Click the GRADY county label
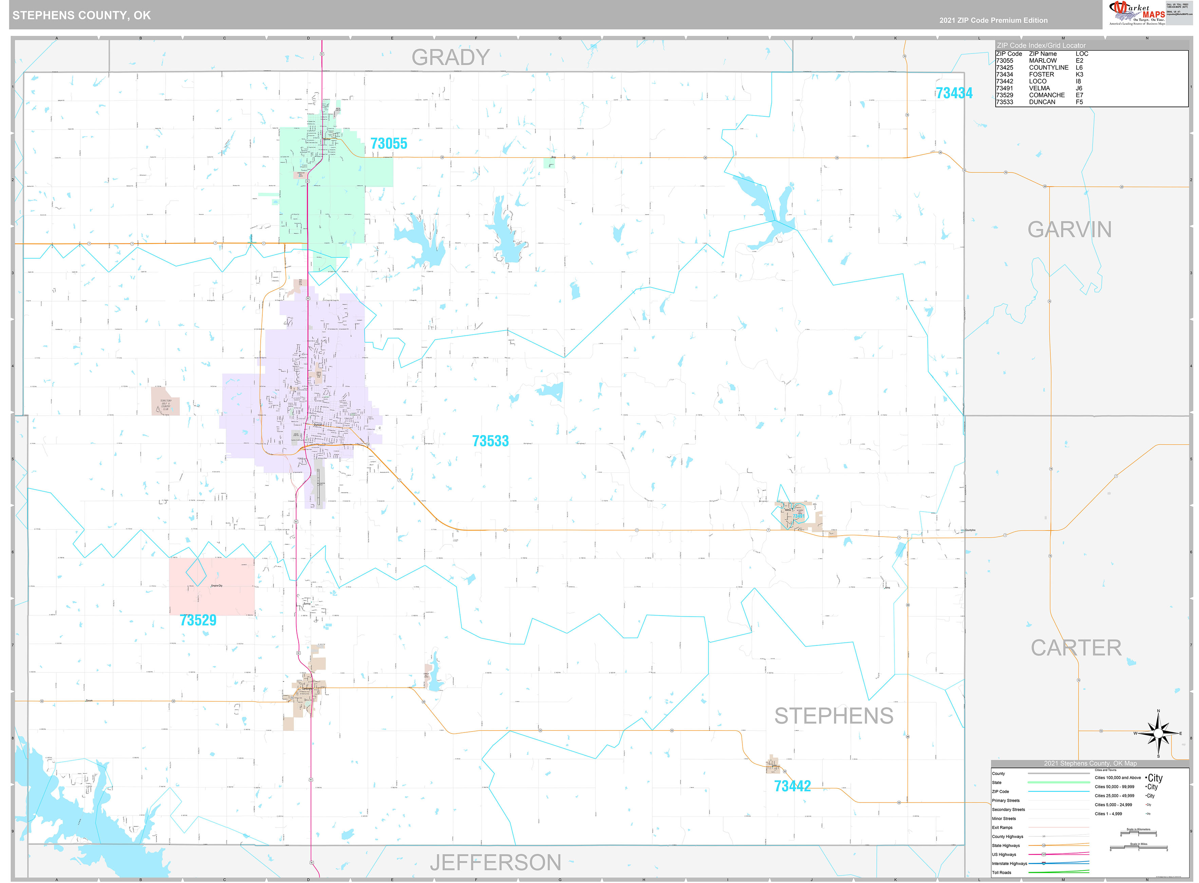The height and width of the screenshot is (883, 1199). click(450, 57)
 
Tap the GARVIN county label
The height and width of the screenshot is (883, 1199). click(1069, 230)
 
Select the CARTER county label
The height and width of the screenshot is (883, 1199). click(1075, 648)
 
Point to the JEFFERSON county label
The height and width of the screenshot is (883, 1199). click(495, 862)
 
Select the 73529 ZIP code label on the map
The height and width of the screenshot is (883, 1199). click(198, 620)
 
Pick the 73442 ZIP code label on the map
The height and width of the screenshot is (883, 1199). click(792, 786)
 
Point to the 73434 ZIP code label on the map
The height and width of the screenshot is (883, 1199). click(954, 93)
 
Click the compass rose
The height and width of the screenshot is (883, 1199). click(1158, 733)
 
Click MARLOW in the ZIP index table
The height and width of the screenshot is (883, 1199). click(1043, 61)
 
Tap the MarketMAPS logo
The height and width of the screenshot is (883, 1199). click(1137, 13)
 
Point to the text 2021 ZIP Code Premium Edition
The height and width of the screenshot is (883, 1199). click(993, 20)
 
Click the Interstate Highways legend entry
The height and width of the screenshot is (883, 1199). click(1009, 863)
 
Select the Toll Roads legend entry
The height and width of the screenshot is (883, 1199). click(1001, 872)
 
